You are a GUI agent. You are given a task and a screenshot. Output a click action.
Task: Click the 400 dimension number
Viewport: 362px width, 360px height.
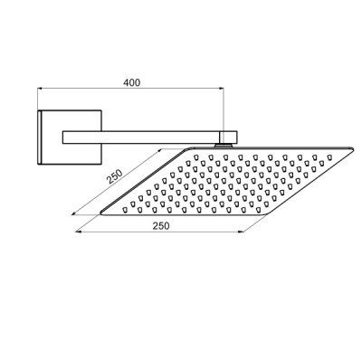pyautogui.click(x=132, y=82)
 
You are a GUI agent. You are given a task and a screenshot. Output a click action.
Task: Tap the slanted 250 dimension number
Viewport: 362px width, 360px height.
pyautogui.click(x=115, y=176)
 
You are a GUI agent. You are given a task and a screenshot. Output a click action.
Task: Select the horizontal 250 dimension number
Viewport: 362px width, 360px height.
pyautogui.click(x=161, y=225)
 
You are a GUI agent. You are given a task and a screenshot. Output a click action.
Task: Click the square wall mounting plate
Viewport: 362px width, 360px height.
pyautogui.click(x=70, y=137)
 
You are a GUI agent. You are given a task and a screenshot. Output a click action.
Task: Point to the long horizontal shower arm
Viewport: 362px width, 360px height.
pyautogui.click(x=141, y=137)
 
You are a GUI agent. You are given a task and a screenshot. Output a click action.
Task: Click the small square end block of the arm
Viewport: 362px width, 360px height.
pyautogui.click(x=229, y=137)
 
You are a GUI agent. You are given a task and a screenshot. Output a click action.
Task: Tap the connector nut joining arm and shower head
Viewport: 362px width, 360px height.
pyautogui.click(x=224, y=146)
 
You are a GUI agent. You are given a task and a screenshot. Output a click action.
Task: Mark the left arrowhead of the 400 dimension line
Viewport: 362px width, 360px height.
pyautogui.click(x=40, y=89)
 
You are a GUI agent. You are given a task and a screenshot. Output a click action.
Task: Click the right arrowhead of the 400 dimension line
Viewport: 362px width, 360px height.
pyautogui.click(x=222, y=89)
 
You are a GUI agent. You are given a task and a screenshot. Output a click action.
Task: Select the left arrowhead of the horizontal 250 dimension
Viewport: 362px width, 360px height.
pyautogui.click(x=78, y=232)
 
